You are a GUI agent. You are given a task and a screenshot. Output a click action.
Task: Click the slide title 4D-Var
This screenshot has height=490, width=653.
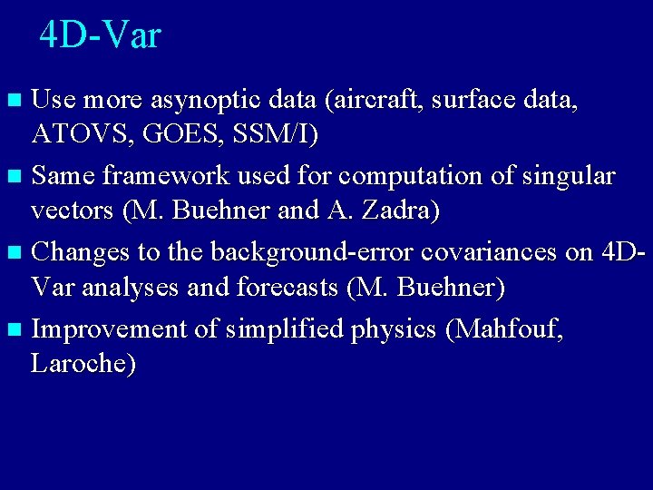tap(100, 35)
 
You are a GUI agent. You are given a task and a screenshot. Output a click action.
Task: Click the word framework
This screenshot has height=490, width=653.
tap(157, 175)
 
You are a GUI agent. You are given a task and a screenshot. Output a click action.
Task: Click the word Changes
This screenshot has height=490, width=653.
tap(86, 250)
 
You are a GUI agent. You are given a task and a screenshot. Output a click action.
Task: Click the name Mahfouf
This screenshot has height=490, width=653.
tap(504, 328)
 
